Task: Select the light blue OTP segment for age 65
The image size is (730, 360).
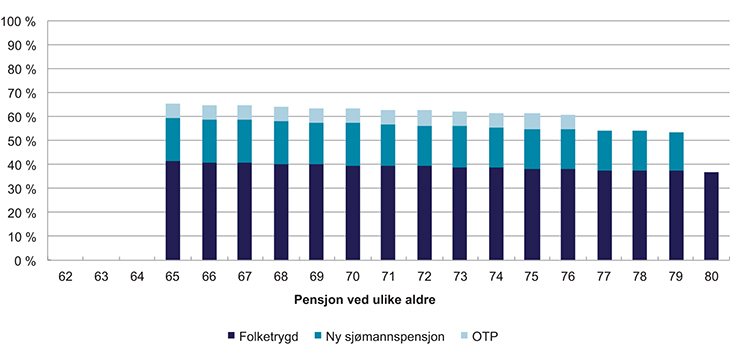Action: tap(173, 111)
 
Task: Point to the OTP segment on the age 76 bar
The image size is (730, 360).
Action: tap(569, 122)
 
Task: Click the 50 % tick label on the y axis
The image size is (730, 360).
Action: tap(24, 141)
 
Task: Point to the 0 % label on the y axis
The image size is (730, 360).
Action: tap(27, 261)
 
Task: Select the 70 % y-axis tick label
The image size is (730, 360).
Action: tap(24, 93)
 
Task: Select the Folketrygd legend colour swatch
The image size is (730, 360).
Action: tap(232, 337)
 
